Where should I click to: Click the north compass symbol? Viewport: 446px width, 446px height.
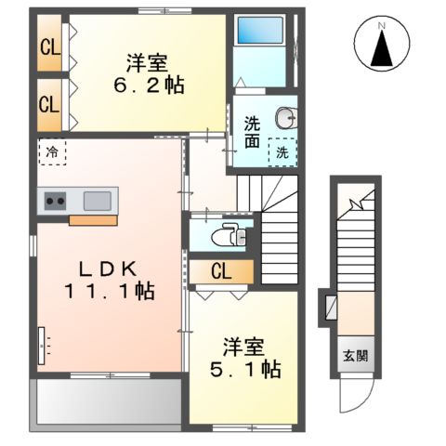click(x=383, y=44)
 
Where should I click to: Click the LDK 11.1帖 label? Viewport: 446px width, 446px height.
click(x=109, y=280)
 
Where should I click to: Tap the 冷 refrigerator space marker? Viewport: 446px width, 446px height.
click(x=53, y=151)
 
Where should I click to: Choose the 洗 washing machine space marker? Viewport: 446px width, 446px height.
click(x=282, y=152)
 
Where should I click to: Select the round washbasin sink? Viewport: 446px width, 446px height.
click(x=283, y=118)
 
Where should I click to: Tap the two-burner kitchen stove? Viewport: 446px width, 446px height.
click(x=54, y=201)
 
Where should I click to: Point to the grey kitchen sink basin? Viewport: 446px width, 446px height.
click(x=97, y=200)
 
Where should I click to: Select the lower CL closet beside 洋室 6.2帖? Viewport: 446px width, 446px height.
click(x=49, y=104)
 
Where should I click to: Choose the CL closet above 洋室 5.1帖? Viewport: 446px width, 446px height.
click(x=220, y=271)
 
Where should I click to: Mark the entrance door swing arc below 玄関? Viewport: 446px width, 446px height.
click(x=353, y=395)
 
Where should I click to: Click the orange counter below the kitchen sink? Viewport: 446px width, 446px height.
click(x=92, y=220)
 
